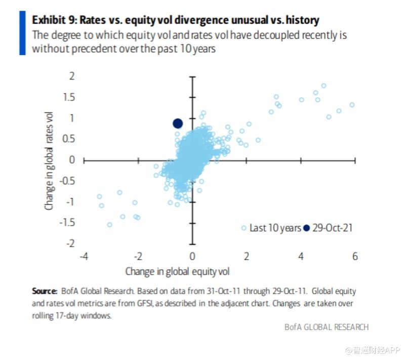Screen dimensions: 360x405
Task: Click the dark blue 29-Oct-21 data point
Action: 177,123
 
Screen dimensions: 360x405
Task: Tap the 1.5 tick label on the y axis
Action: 69,97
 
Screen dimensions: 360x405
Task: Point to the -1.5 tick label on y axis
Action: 67,223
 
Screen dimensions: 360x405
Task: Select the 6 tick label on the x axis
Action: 355,256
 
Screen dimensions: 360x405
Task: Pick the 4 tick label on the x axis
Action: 301,256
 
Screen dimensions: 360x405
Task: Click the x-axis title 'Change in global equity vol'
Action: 177,271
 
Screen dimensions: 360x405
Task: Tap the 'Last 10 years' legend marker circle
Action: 244,228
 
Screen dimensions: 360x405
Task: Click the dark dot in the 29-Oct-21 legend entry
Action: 306,228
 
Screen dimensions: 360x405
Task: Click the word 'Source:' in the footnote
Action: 44,291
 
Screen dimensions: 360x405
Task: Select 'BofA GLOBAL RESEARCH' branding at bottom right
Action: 327,327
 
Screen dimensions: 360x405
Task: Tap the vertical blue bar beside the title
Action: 22,33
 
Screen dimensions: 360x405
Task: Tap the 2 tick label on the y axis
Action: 72,76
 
